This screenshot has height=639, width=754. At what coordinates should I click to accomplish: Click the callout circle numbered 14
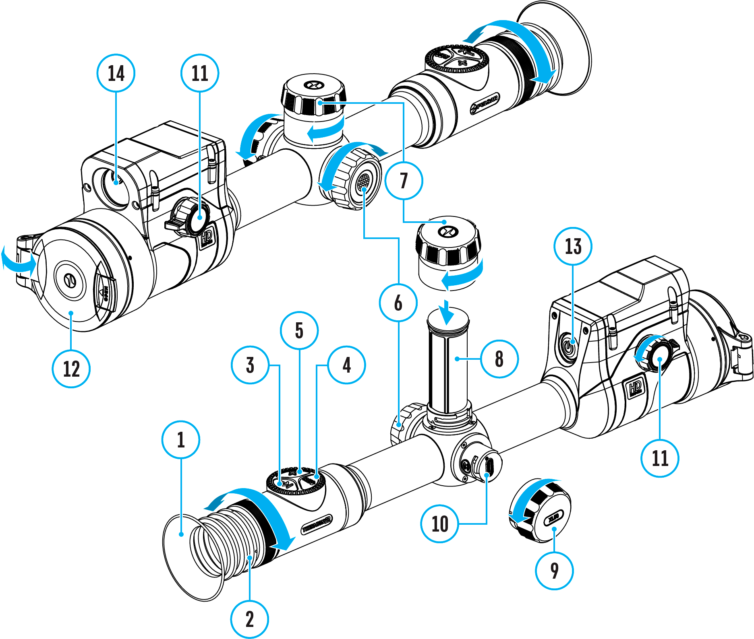tap(116, 73)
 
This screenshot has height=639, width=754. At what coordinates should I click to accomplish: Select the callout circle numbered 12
tap(71, 369)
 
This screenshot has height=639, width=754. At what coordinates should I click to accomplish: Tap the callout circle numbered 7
tap(404, 180)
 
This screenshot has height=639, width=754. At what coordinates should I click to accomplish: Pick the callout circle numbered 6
tap(398, 303)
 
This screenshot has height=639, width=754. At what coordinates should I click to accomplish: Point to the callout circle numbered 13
tap(573, 246)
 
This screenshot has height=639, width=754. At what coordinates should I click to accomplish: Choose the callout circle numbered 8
tap(499, 359)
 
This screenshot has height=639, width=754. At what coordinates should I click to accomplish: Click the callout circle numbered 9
tap(554, 570)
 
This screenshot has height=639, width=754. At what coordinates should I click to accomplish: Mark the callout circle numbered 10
tap(440, 524)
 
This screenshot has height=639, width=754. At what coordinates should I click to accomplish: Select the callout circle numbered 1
tap(181, 439)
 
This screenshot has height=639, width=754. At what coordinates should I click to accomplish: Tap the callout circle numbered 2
tap(250, 619)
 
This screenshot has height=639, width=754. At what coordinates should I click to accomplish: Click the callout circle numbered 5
tap(299, 330)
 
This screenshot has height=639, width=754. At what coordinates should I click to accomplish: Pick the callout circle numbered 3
tap(250, 365)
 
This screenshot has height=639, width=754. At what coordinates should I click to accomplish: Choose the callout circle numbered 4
tap(347, 365)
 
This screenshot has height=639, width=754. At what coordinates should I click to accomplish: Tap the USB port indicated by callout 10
tap(489, 467)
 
